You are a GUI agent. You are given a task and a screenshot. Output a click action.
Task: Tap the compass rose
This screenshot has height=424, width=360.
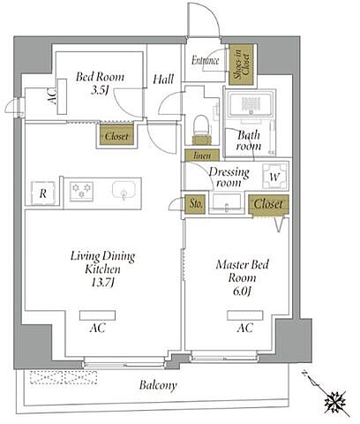334,401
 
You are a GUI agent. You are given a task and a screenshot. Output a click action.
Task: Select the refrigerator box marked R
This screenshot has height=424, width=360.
43,193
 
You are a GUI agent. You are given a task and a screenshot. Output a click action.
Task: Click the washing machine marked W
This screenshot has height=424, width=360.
274,177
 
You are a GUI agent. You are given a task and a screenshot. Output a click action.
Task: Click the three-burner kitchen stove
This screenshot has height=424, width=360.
81,192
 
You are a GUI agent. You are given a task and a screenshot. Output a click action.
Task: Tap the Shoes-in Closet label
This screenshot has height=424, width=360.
241,64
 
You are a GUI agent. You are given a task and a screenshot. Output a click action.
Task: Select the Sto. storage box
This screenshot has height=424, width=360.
195,204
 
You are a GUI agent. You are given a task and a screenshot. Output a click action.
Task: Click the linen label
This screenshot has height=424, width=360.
202,155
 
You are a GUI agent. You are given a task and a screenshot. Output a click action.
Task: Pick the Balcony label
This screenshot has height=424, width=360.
158,385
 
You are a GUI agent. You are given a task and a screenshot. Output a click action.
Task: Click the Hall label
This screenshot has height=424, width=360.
163,79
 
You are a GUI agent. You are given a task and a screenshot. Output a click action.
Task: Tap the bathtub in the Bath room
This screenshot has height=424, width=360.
250,104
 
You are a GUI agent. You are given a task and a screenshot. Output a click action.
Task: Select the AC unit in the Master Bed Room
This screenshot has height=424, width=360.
245,315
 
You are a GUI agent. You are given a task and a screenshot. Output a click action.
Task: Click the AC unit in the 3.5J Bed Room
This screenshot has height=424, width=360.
62,96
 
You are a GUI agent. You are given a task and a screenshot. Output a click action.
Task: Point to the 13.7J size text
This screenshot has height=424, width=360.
102,283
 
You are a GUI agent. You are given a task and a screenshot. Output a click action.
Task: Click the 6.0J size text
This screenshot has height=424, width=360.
242,291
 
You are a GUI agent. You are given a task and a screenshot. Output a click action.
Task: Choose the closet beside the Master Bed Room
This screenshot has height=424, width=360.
268,204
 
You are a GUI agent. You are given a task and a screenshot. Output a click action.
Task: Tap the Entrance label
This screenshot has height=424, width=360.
206,60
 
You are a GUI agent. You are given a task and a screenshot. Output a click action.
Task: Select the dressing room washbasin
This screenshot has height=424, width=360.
226,203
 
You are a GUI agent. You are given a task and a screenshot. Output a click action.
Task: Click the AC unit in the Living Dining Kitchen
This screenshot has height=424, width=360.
97,315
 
